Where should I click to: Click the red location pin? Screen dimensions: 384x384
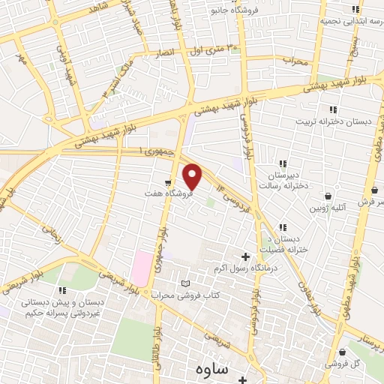click(193, 176)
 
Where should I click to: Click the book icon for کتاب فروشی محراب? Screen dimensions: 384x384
click(186, 283)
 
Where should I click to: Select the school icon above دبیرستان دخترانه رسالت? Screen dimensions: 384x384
click(283, 163)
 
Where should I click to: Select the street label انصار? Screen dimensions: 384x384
click(164, 53)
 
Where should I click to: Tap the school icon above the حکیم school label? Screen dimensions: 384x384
click(63, 290)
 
